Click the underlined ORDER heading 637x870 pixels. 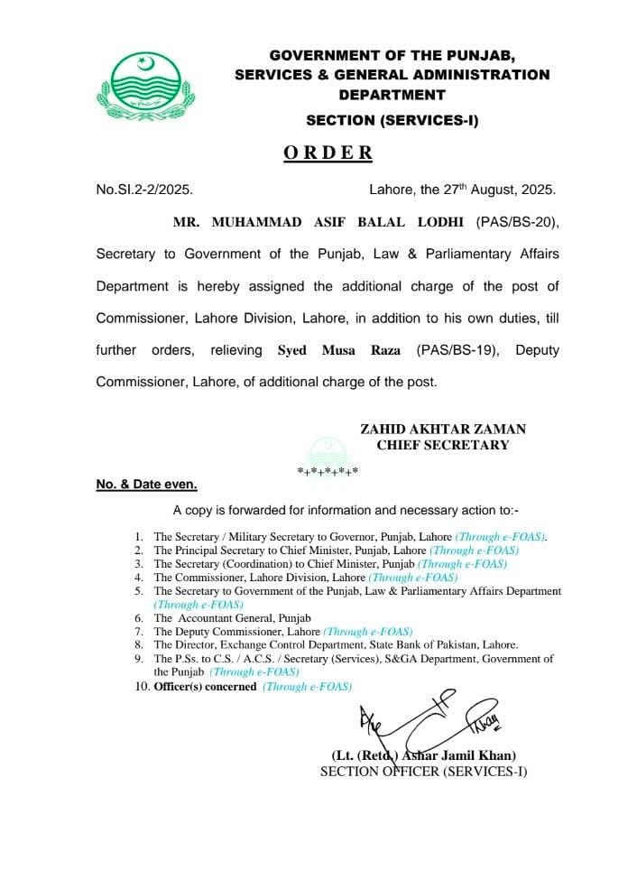click(328, 153)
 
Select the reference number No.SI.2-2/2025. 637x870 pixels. click(144, 190)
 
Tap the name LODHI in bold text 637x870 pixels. click(439, 222)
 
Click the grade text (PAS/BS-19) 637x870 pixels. click(457, 350)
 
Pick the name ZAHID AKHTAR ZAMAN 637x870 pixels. click(442, 430)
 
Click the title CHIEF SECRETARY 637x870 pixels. click(442, 445)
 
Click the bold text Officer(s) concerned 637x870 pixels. click(205, 687)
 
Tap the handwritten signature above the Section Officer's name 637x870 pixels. click(424, 721)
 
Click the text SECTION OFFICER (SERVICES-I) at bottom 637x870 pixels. click(423, 772)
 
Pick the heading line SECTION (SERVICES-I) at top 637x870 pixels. click(392, 119)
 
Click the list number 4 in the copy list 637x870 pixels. click(139, 577)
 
